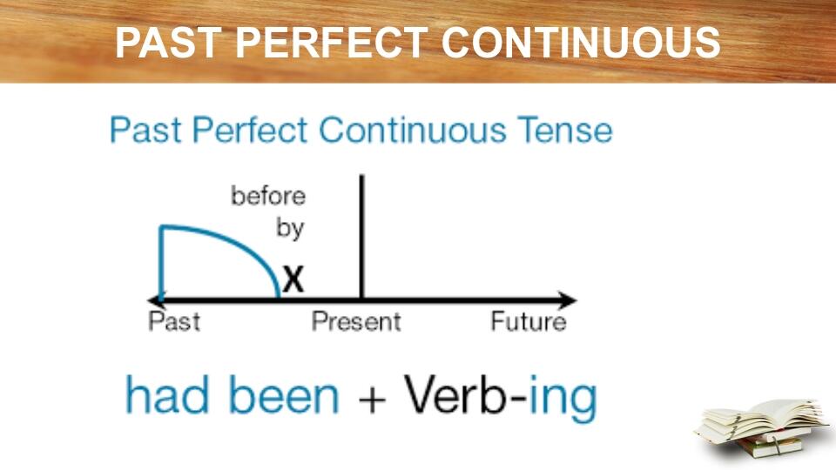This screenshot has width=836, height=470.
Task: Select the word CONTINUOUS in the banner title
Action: [x=581, y=44]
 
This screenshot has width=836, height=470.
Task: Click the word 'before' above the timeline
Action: [x=268, y=196]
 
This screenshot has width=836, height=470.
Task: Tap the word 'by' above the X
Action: [x=290, y=228]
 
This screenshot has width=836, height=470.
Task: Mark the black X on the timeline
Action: [x=293, y=279]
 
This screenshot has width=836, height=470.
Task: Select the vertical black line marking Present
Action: [x=361, y=235]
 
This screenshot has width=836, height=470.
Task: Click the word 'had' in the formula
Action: [x=168, y=396]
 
